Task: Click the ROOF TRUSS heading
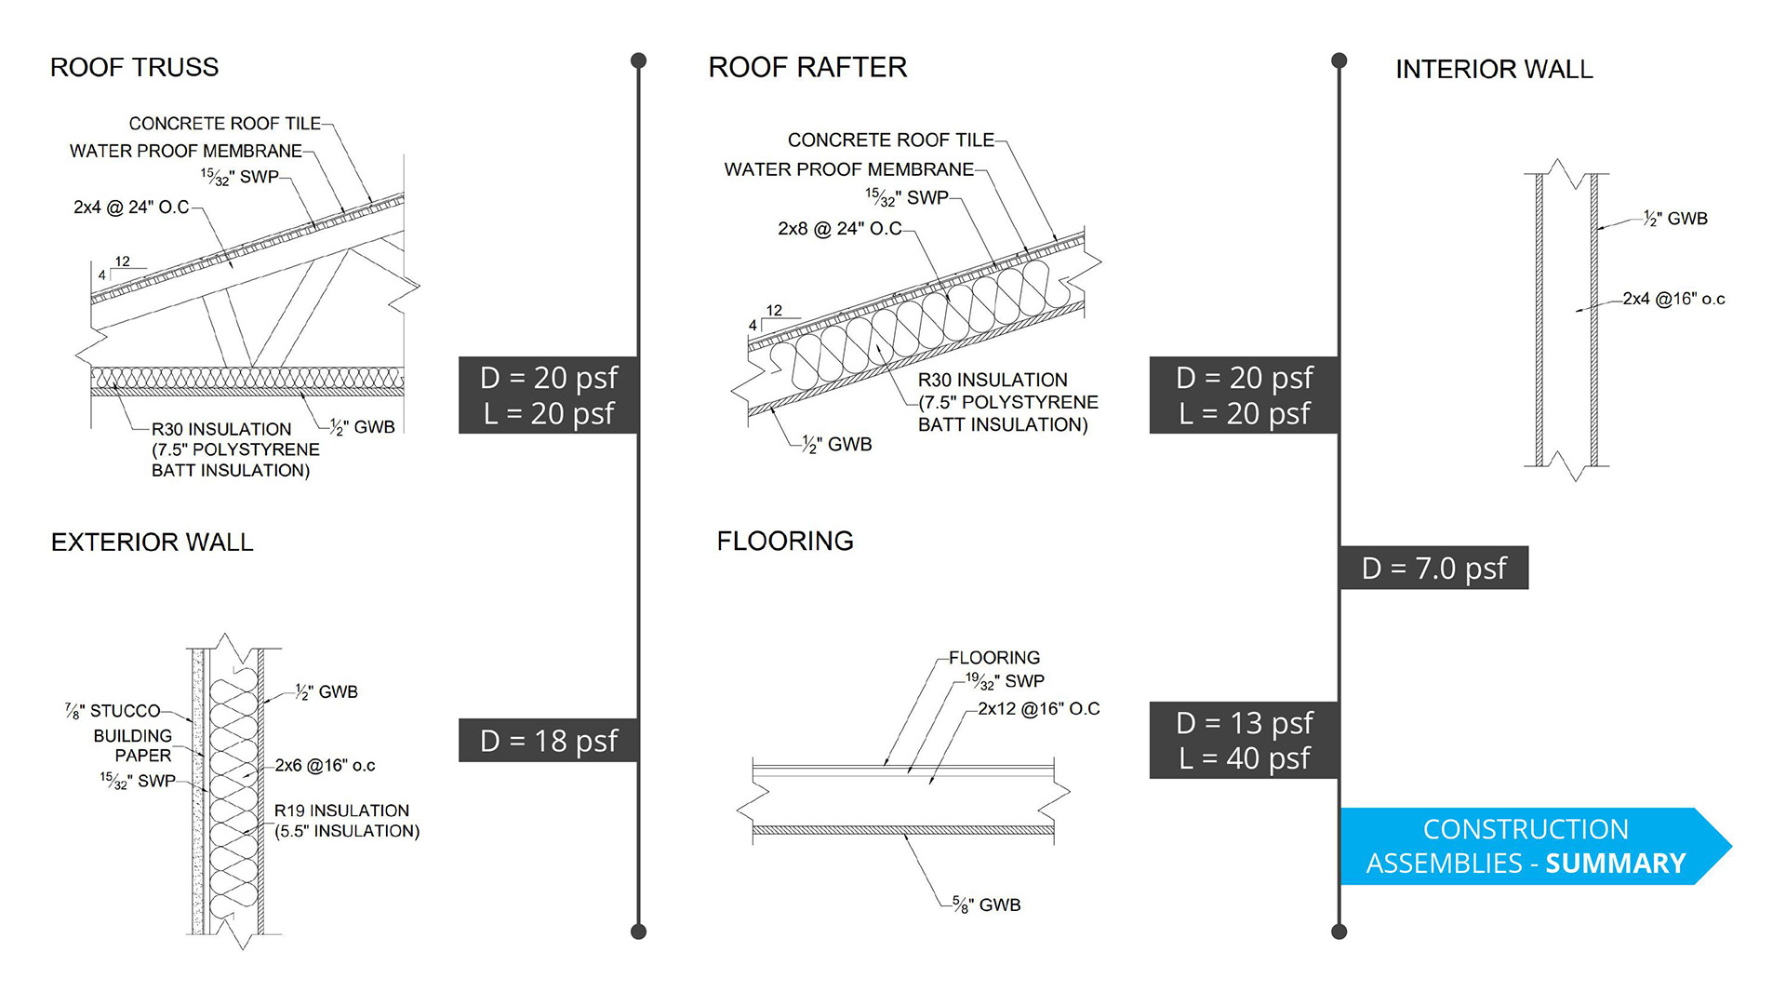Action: pos(134,67)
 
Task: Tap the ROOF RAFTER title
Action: pos(806,67)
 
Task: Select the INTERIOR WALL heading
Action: pos(1494,69)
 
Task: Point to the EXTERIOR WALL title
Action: pos(152,543)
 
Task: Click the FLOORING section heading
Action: pos(784,541)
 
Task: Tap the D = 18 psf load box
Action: pos(548,741)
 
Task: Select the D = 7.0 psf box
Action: pos(1433,568)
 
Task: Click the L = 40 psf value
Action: pos(1244,758)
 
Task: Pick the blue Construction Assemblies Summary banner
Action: pos(1526,846)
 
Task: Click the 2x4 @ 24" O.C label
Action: pos(131,208)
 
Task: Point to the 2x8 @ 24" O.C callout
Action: pos(839,229)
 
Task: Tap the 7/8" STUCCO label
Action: pos(113,711)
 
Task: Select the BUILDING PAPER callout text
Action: pos(132,745)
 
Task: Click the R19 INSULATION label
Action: pos(341,811)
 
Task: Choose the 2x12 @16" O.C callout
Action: pos(1038,709)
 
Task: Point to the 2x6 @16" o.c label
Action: pos(325,766)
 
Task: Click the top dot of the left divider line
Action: pos(638,60)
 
